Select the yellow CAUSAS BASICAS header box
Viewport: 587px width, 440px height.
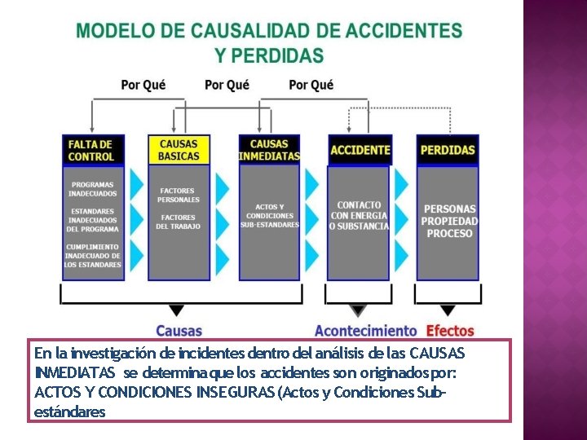[179, 150]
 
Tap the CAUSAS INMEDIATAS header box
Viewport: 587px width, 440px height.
[269, 150]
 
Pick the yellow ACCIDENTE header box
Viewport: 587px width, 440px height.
[360, 150]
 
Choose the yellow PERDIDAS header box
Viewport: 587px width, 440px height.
[448, 150]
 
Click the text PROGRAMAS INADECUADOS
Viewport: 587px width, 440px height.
[92, 189]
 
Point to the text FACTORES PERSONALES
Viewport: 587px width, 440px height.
[179, 196]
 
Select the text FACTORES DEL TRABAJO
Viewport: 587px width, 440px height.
[179, 222]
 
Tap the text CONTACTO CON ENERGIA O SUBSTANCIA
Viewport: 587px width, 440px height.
[360, 215]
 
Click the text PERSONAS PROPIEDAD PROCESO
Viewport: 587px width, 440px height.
[450, 221]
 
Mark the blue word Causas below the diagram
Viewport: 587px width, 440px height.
[179, 331]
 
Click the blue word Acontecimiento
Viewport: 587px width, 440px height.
[365, 331]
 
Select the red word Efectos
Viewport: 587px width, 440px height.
[450, 331]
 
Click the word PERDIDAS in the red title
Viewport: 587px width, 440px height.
[269, 55]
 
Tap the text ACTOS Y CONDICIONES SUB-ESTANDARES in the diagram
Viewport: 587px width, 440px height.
[269, 216]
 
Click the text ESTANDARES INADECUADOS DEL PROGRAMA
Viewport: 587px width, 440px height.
[92, 220]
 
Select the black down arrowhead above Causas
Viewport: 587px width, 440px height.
[174, 311]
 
